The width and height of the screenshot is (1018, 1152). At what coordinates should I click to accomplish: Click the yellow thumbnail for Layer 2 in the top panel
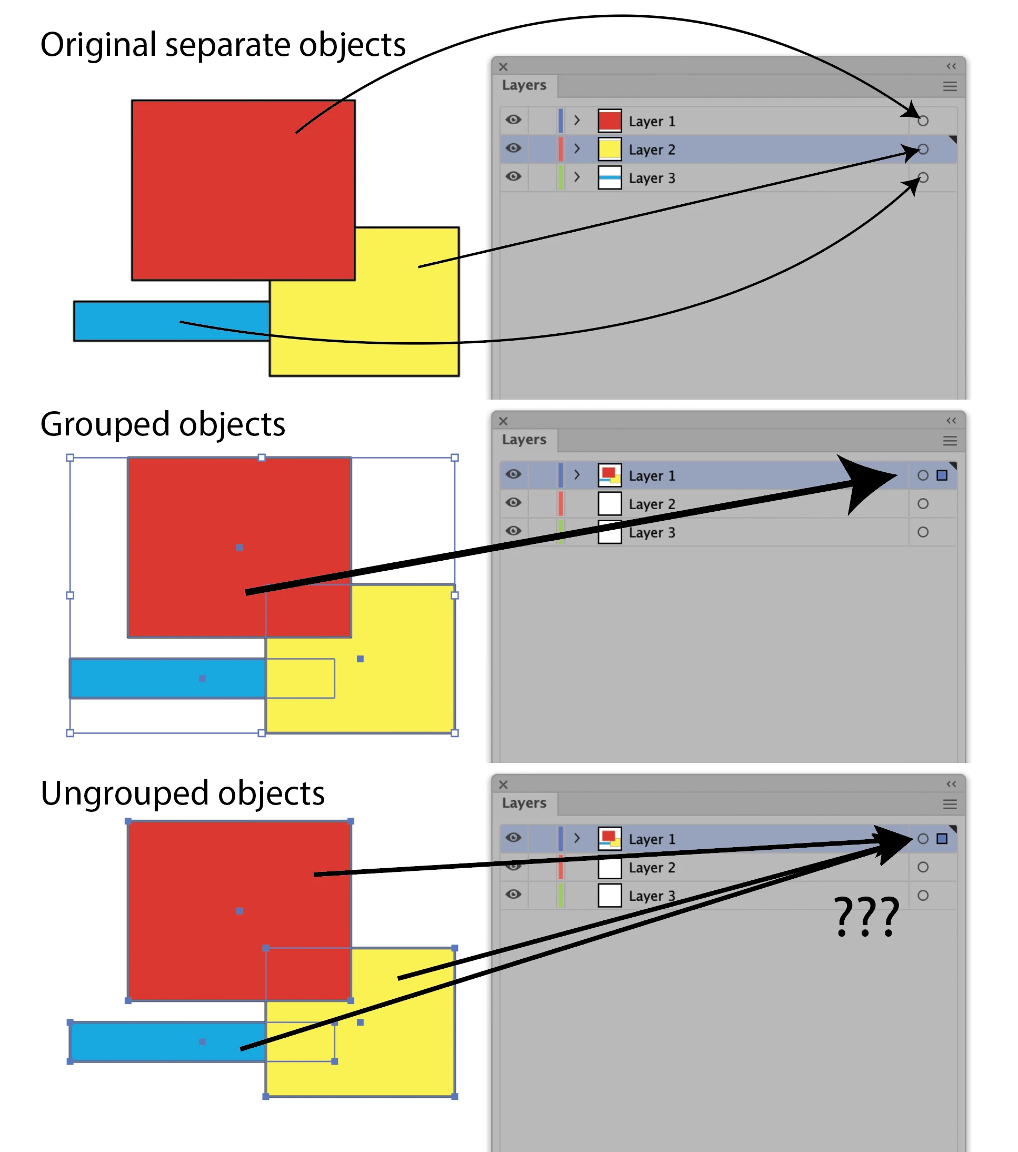609,150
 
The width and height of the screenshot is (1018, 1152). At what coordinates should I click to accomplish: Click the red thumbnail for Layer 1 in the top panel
609,121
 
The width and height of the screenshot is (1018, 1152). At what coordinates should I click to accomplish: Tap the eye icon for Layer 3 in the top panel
513,176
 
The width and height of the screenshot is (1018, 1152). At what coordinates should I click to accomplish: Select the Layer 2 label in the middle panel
651,504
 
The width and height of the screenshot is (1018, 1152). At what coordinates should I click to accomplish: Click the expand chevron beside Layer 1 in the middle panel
577,474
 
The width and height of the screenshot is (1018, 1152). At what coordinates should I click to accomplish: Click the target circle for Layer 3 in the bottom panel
923,895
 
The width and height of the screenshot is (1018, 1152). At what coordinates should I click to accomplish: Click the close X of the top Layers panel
504,66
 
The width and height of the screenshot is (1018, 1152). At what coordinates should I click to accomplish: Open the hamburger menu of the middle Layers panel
950,441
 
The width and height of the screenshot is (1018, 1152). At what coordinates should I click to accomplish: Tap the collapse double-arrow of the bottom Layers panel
951,784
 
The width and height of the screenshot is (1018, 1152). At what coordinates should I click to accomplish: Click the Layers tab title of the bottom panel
524,802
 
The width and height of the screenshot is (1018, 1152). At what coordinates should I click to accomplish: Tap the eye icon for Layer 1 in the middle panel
513,474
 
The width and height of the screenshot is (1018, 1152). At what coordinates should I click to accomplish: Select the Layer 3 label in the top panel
651,178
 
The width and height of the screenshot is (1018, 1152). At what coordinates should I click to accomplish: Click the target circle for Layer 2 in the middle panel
923,503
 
